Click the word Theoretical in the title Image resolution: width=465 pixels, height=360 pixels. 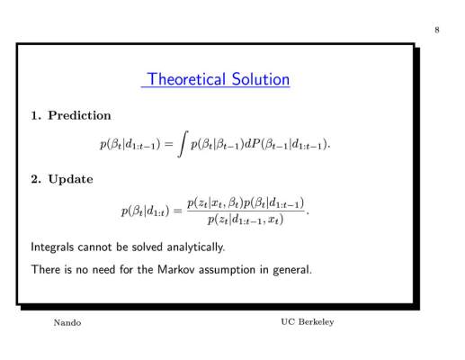186,79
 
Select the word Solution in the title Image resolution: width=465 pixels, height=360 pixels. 261,79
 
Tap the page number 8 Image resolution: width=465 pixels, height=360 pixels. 437,30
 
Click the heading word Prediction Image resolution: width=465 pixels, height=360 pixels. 79,115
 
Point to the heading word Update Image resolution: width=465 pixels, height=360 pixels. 70,179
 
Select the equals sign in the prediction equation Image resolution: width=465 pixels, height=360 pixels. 169,144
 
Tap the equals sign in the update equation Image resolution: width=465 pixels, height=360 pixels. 178,211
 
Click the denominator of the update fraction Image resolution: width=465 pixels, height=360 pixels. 246,220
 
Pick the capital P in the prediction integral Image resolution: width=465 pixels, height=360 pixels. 255,144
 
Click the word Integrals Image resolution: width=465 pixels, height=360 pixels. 52,247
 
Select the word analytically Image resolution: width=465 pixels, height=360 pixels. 195,247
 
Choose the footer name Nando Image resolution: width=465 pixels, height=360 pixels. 67,323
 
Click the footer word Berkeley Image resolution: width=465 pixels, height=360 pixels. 316,322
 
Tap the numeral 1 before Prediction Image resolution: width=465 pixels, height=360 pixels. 35,116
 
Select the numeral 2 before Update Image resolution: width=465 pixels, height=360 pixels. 35,179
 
